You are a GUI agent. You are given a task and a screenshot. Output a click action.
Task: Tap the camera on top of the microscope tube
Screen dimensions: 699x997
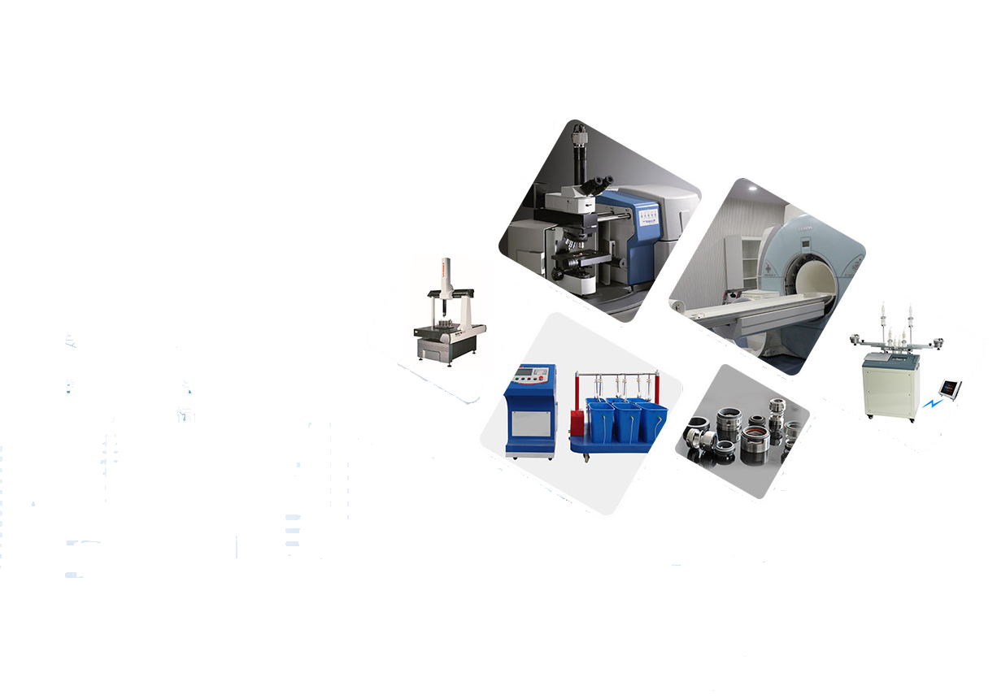(x=578, y=137)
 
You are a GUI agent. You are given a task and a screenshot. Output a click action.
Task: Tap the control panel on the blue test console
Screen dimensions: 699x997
(x=531, y=376)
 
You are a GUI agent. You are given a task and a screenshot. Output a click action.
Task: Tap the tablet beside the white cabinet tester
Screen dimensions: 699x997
(x=949, y=388)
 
